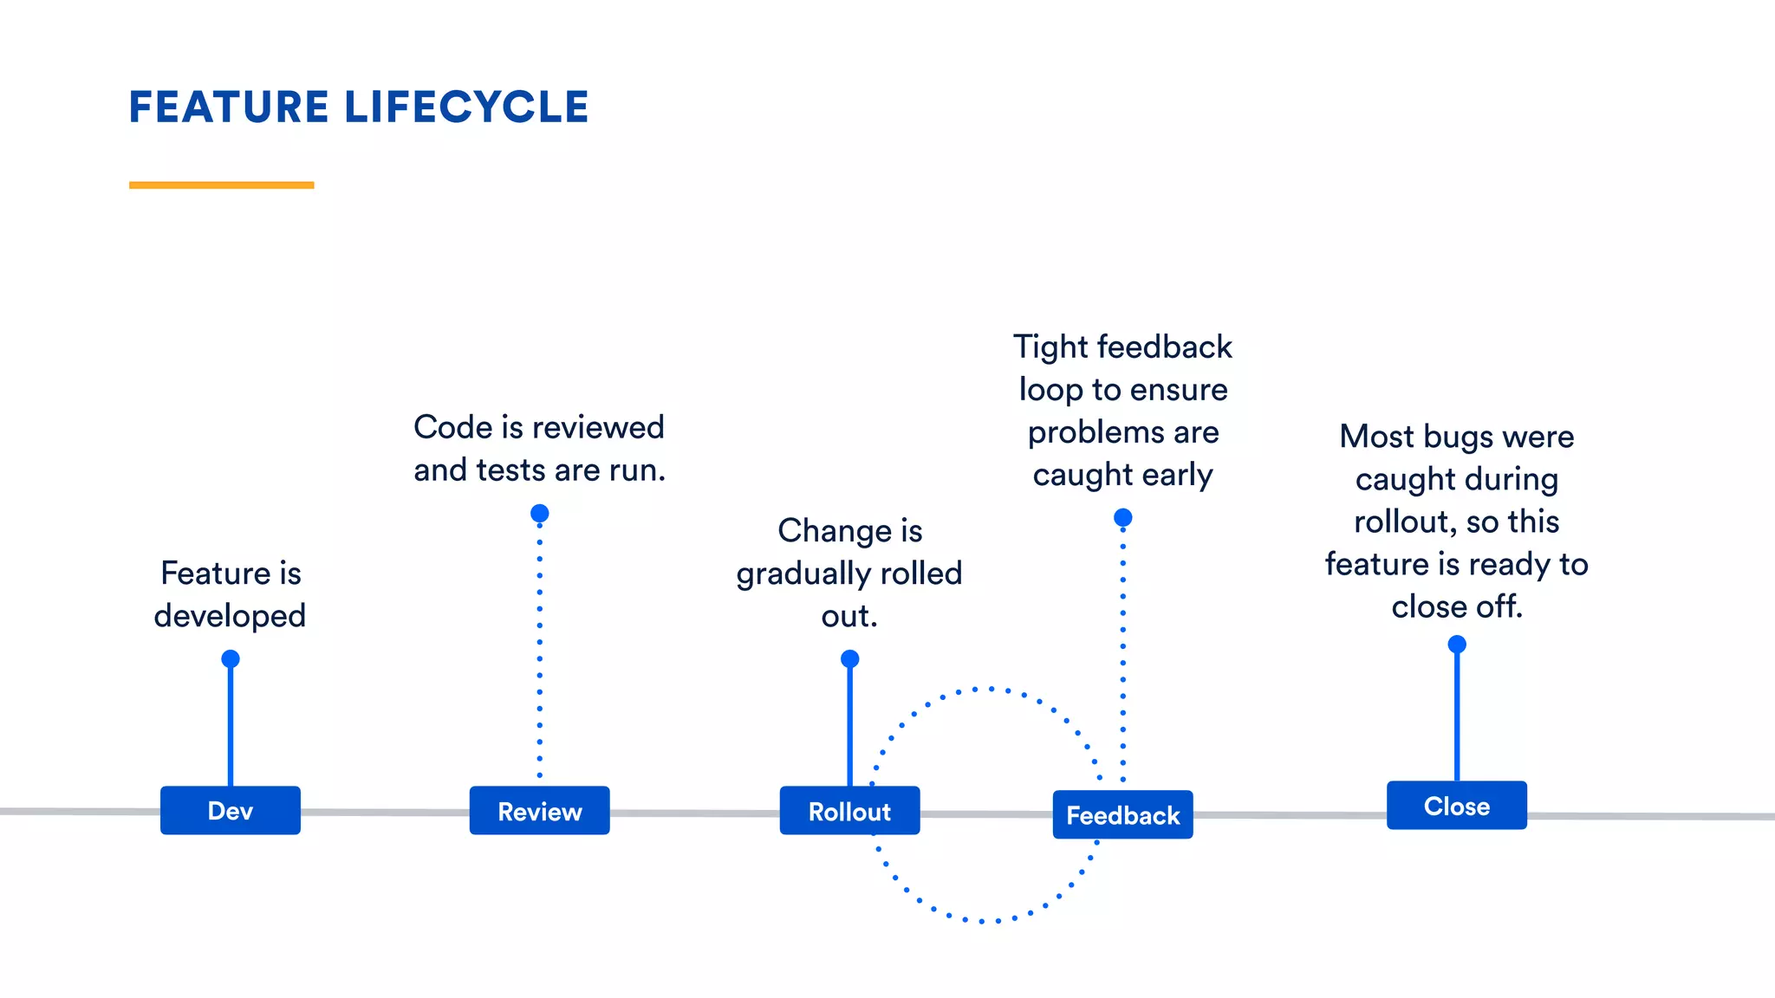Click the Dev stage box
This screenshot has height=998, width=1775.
[x=231, y=811]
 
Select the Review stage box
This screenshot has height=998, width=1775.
[x=539, y=811]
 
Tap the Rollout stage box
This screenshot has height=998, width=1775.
[x=849, y=811]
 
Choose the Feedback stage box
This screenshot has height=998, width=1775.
[x=1122, y=815]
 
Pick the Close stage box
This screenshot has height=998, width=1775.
[x=1456, y=806]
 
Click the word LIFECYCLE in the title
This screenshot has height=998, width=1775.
[x=466, y=107]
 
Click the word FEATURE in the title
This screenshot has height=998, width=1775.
[x=229, y=107]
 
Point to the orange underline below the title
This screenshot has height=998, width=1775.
[x=221, y=185]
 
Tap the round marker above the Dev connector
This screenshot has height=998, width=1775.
[x=231, y=659]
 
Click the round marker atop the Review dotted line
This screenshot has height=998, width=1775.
[x=539, y=514]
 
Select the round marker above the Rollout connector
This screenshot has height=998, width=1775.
[x=849, y=659]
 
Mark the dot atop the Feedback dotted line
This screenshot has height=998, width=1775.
[x=1122, y=518]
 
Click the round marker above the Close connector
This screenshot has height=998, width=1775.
[x=1457, y=645]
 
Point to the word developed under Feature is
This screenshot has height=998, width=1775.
[x=230, y=616]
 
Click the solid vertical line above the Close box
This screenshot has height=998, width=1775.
[x=1457, y=719]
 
